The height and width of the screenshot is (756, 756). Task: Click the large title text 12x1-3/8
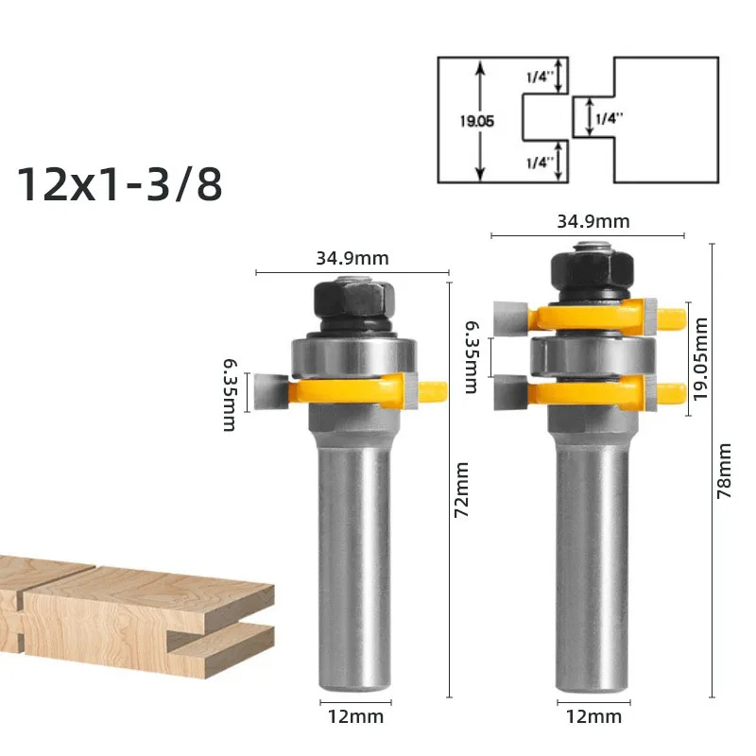click(120, 183)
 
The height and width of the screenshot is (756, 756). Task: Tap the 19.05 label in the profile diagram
click(477, 121)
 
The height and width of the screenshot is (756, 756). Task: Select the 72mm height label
click(462, 490)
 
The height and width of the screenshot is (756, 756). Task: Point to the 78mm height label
click(725, 471)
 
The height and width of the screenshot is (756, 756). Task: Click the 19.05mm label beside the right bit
click(700, 359)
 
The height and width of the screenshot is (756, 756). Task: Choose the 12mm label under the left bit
click(356, 716)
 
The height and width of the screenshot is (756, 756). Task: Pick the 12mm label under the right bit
click(593, 716)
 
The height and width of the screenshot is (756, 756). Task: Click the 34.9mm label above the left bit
click(352, 258)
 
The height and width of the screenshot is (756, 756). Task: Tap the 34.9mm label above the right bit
click(593, 221)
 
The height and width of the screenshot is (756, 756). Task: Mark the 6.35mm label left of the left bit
click(230, 394)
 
